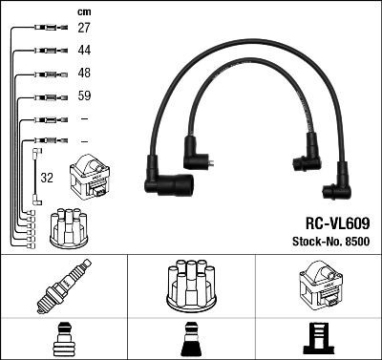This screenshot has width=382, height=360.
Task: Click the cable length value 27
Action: click(x=84, y=29)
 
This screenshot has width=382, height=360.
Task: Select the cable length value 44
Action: click(x=84, y=50)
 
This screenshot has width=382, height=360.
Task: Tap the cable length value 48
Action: click(x=84, y=73)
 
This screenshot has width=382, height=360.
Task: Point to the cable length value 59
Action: click(x=84, y=95)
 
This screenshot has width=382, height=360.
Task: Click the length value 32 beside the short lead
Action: click(x=47, y=177)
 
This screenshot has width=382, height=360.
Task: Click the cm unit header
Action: click(x=83, y=11)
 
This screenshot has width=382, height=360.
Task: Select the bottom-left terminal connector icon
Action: click(x=63, y=338)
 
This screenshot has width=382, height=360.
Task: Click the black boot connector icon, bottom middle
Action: click(x=190, y=338)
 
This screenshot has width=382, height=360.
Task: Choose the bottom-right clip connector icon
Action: click(x=318, y=338)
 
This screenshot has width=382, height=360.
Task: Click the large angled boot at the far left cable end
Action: click(x=166, y=183)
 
